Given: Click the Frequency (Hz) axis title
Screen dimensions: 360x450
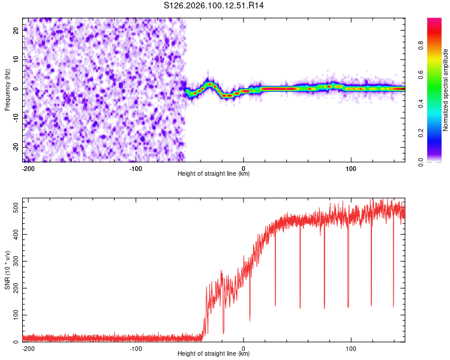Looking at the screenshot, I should [7, 89].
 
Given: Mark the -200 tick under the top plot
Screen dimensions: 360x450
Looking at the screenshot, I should [28, 167].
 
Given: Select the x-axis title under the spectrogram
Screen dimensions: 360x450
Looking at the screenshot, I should [214, 173].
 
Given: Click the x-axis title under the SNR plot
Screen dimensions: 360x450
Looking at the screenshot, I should [214, 354].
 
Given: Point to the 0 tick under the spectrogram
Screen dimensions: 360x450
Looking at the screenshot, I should [244, 167].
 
